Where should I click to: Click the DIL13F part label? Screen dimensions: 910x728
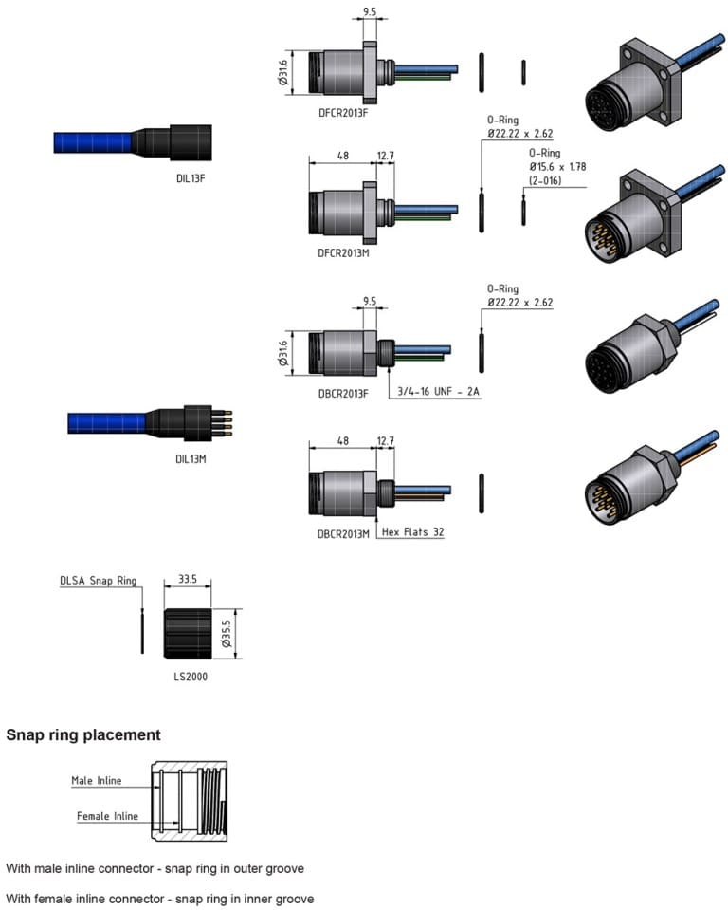coord(191,177)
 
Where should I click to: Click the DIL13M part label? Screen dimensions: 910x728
coord(191,457)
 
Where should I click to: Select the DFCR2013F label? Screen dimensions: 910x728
coord(343,114)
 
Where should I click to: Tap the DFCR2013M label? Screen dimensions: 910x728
coord(343,254)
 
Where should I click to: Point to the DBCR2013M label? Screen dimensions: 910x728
coord(343,533)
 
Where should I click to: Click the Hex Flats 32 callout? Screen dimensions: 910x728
coord(413,532)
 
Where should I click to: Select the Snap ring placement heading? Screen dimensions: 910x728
coord(83,734)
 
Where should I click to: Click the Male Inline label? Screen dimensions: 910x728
coord(97,781)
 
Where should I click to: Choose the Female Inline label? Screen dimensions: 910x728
coord(107,816)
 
